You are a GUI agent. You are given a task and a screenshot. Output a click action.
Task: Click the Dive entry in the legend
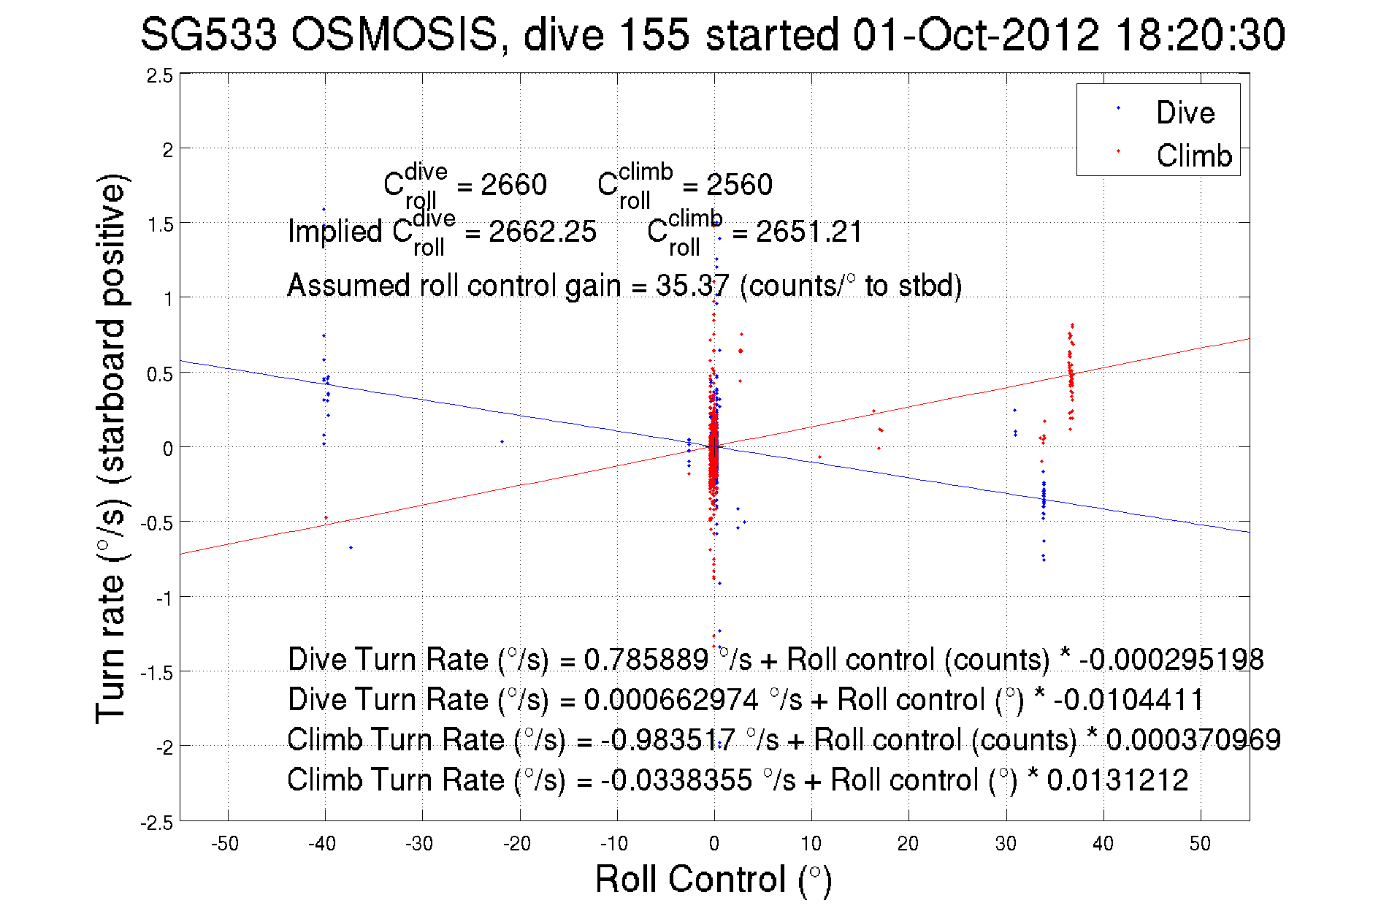(x=1185, y=113)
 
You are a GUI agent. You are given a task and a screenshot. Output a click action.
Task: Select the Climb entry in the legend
(x=1193, y=156)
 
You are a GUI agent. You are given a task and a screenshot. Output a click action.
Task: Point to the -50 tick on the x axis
(x=225, y=844)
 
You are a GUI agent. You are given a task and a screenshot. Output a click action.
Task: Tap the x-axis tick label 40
(x=1103, y=844)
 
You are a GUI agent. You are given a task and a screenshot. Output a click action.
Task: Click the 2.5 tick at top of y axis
(x=160, y=76)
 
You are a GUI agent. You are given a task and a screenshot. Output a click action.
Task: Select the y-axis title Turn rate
(x=111, y=449)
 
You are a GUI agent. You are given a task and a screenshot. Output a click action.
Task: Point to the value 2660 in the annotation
(x=513, y=185)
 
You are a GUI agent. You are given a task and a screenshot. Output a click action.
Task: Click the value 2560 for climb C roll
(x=739, y=185)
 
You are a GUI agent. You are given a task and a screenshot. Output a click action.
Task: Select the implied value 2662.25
(x=543, y=232)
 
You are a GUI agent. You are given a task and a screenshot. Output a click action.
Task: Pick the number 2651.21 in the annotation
(x=809, y=232)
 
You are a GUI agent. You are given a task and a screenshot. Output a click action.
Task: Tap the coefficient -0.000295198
(x=1171, y=659)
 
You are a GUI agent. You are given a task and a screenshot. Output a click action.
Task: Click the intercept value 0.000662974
(x=671, y=699)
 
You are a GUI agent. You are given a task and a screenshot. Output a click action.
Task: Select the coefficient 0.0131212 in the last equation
(x=1117, y=780)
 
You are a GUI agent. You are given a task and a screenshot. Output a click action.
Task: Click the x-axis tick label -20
(x=517, y=844)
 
